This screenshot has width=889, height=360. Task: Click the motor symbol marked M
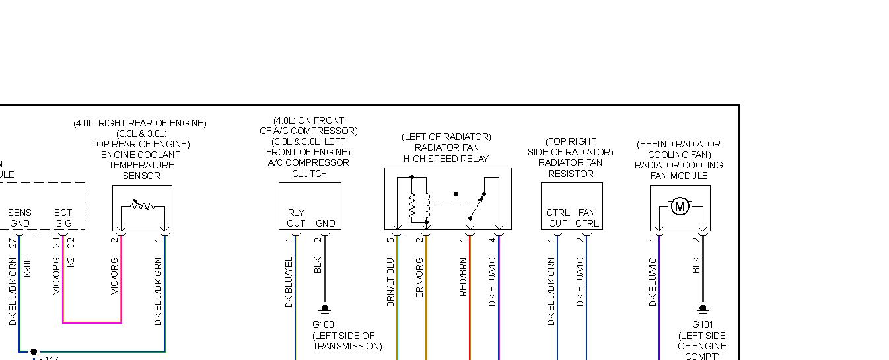coord(680,207)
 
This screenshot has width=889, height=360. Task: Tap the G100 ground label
coord(324,324)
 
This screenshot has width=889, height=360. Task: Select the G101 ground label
coord(702,324)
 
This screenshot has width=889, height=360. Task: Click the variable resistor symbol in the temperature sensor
coord(142,207)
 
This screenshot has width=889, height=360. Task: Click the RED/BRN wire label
coord(463,277)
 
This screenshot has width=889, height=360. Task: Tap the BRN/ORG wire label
coord(419,277)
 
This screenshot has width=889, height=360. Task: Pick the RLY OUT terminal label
coord(296,218)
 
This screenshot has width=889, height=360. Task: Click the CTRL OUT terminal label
coord(558,218)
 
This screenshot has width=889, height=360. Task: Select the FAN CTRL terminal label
coord(587,218)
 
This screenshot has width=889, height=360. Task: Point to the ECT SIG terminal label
coord(63,218)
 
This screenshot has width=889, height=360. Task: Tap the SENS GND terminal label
coord(19,218)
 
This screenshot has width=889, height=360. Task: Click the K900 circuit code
coord(27,266)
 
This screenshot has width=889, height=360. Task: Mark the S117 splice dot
coord(34,351)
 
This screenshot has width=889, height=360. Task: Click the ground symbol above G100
coord(324,309)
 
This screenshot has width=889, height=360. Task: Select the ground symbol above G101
coord(703,309)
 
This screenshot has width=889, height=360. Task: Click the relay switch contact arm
coord(476,206)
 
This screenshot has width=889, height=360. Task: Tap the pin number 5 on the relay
coord(391,240)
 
